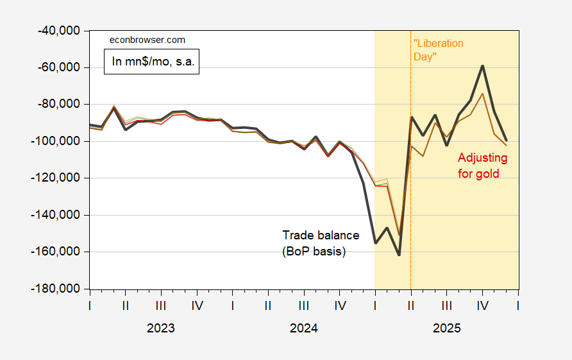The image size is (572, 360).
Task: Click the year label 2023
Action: [160, 329]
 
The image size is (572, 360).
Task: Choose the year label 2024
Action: [303, 329]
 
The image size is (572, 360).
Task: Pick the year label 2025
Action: [446, 329]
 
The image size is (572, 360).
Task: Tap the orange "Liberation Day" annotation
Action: [438, 50]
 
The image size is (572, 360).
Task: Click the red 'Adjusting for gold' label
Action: [478, 166]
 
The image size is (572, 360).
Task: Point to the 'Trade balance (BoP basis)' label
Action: [321, 243]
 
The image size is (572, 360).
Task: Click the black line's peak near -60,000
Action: [482, 65]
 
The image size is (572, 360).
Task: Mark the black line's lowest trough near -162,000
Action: [399, 255]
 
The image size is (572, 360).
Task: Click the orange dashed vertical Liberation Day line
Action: [410, 193]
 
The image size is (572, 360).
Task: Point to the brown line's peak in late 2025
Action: [482, 94]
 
